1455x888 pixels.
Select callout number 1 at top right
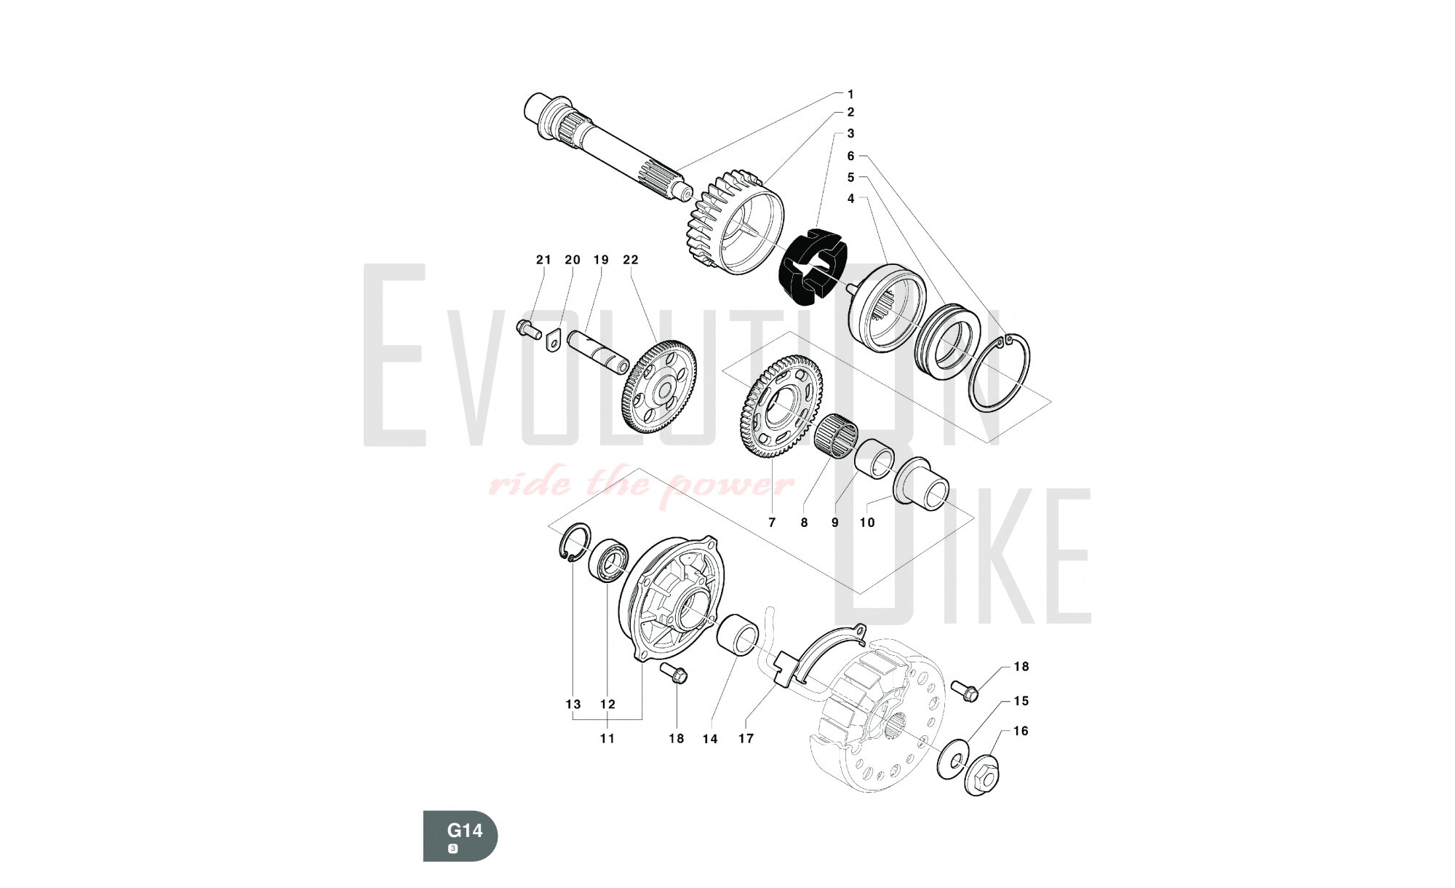click(x=850, y=94)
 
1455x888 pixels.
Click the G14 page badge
click(x=461, y=835)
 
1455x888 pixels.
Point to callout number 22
click(x=630, y=260)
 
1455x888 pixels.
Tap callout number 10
click(x=866, y=523)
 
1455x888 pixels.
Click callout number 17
click(x=746, y=739)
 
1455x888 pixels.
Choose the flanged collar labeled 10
click(x=920, y=484)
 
